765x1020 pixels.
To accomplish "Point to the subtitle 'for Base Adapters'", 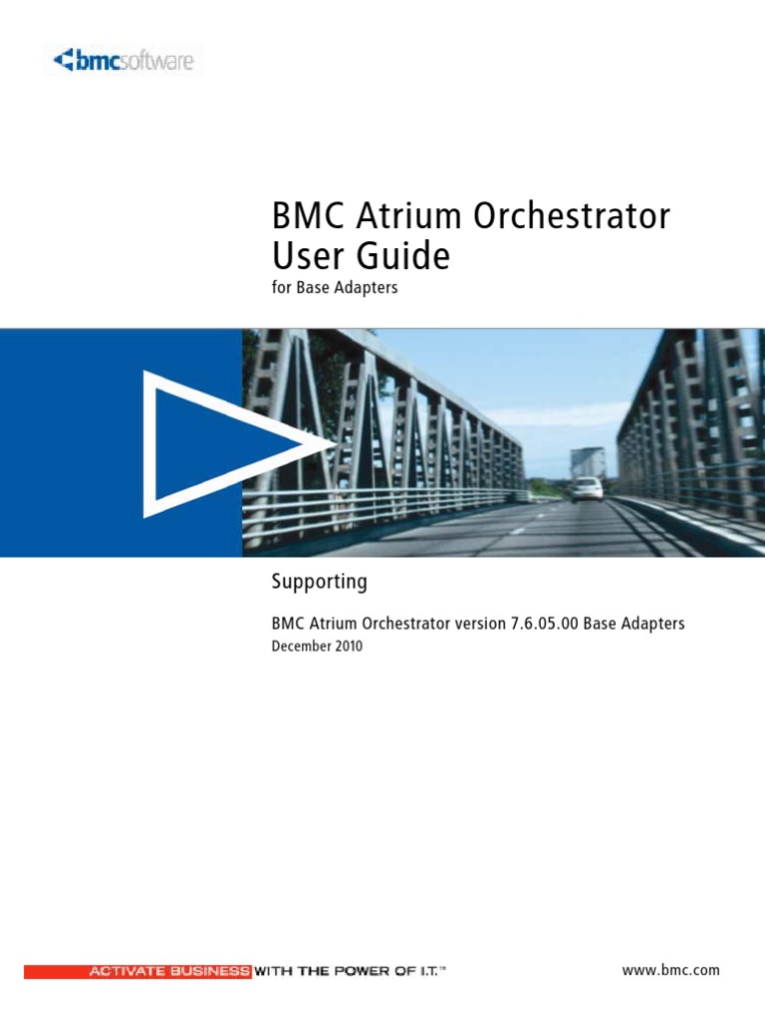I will [x=335, y=290].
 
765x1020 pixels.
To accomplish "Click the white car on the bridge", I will [x=587, y=488].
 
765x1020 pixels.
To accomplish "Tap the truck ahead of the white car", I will [x=588, y=461].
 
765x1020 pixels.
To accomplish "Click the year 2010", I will [x=349, y=645].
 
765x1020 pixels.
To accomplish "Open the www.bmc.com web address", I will [x=669, y=970].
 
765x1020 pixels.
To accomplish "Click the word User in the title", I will [x=300, y=257].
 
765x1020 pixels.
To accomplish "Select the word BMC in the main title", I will [x=304, y=216].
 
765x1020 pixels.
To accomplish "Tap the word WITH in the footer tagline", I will [x=273, y=971].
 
